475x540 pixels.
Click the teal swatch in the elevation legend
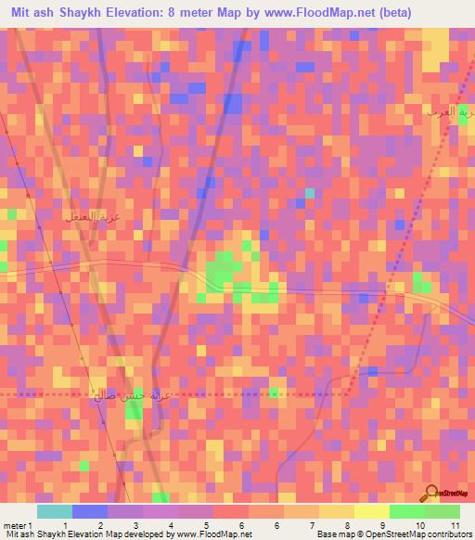55,511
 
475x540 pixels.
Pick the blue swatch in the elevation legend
90,511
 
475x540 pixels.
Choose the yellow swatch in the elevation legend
372,511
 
